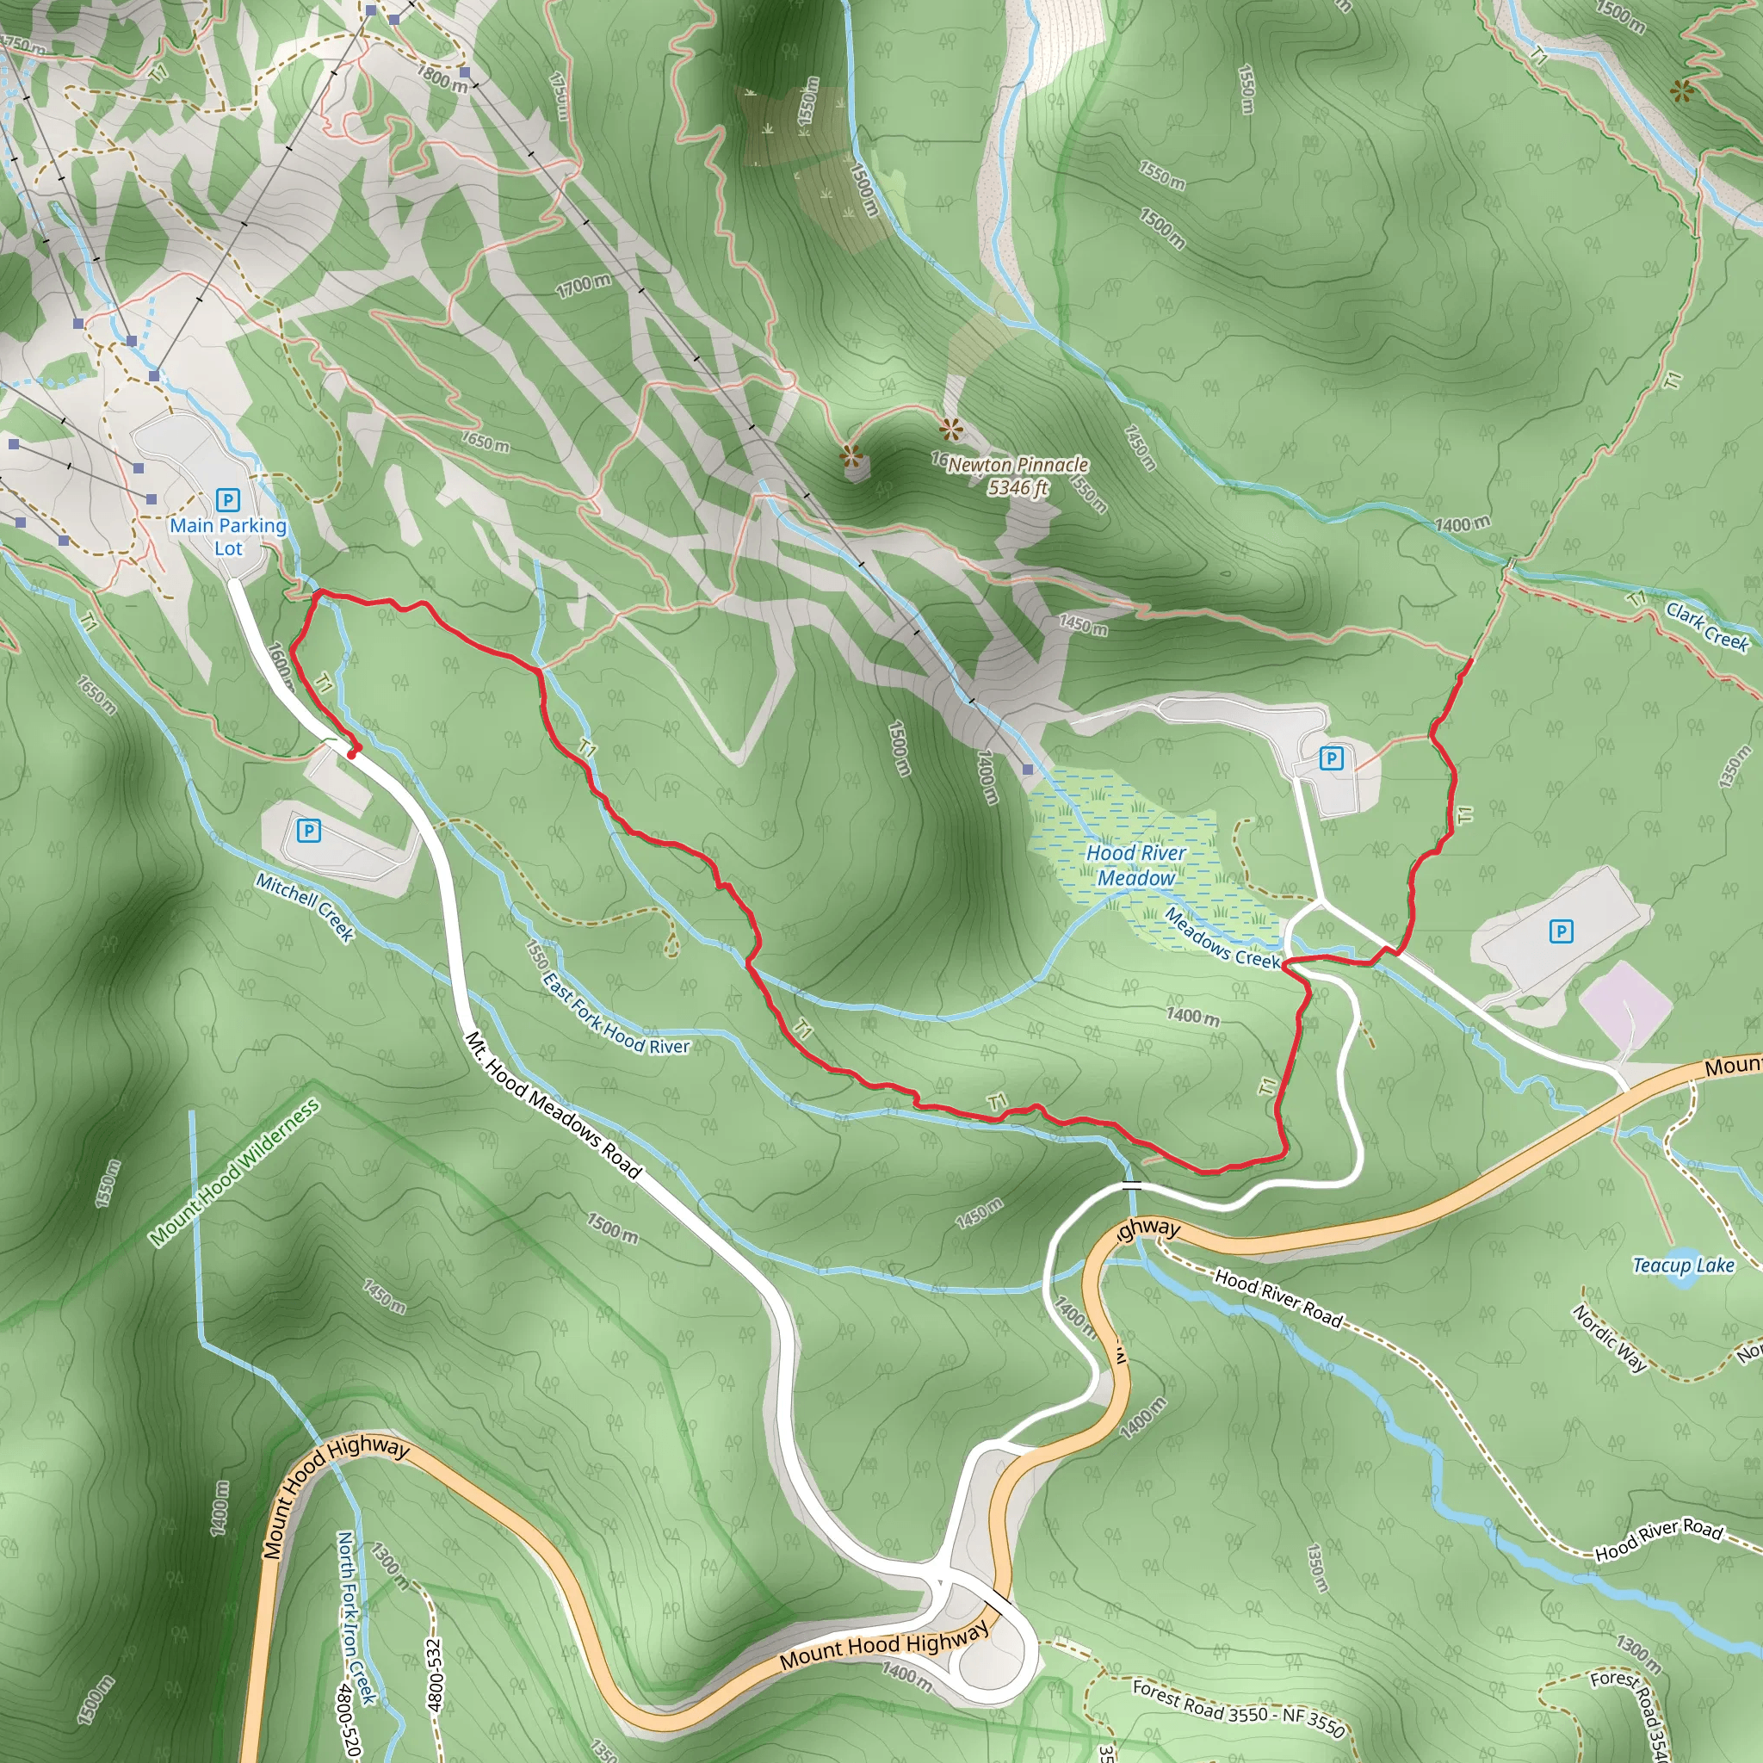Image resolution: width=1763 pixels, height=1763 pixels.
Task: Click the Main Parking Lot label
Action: click(228, 536)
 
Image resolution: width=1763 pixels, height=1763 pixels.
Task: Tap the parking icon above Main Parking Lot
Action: click(227, 500)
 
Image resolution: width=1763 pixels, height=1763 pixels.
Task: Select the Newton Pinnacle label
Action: click(1018, 465)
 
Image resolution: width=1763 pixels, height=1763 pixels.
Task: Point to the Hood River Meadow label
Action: click(1136, 865)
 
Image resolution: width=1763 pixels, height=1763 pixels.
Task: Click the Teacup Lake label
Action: click(1683, 1265)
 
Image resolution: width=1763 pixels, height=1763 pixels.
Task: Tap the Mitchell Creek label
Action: click(305, 906)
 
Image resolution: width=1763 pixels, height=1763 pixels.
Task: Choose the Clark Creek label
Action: click(1706, 626)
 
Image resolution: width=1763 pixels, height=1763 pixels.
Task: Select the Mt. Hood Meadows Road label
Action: click(553, 1105)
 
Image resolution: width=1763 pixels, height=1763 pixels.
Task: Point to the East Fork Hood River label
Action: click(617, 1013)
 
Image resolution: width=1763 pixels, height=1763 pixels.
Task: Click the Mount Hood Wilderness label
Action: click(234, 1172)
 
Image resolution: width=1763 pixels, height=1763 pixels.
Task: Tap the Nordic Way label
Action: click(1610, 1338)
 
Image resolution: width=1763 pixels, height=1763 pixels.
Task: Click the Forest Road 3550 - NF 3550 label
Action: click(1238, 1709)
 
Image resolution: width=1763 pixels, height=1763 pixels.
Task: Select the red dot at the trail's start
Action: click(352, 754)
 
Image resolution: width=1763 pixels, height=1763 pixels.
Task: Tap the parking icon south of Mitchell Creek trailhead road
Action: click(309, 831)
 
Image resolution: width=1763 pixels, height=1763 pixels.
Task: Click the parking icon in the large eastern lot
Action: click(1562, 931)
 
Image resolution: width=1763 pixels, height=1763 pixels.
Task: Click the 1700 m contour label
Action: click(583, 286)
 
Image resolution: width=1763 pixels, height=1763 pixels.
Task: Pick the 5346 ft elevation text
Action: click(1018, 487)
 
